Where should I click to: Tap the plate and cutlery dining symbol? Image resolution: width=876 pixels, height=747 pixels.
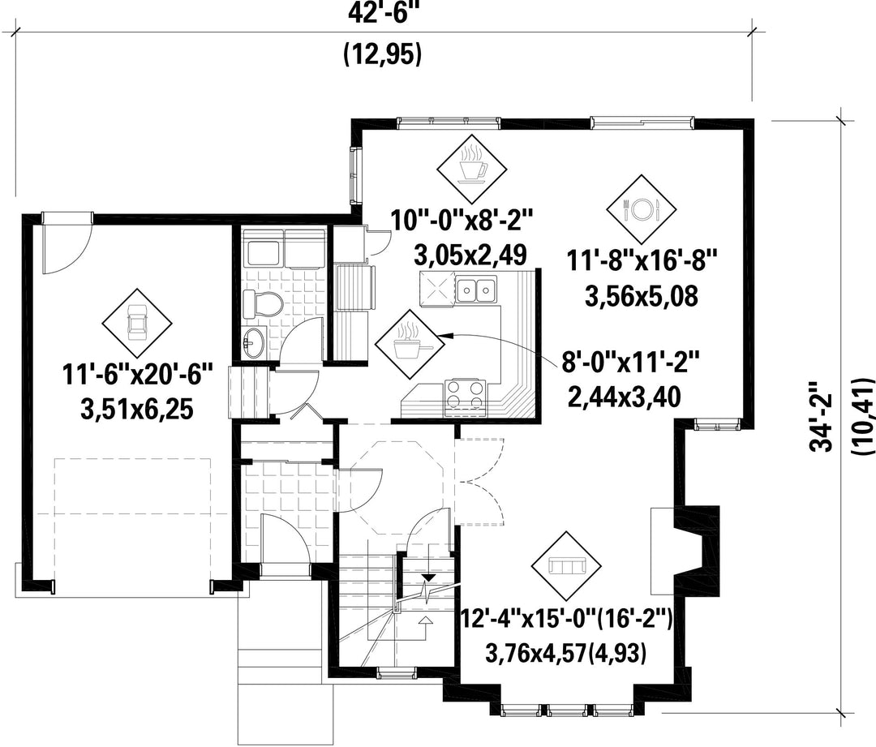pyautogui.click(x=642, y=208)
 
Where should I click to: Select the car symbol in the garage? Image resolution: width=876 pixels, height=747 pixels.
pyautogui.click(x=137, y=324)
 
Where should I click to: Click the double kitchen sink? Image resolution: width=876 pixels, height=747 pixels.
pyautogui.click(x=476, y=289)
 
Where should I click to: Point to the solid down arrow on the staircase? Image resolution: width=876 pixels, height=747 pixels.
pyautogui.click(x=427, y=578)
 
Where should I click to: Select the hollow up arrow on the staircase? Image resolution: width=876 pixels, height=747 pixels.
pyautogui.click(x=423, y=621)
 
